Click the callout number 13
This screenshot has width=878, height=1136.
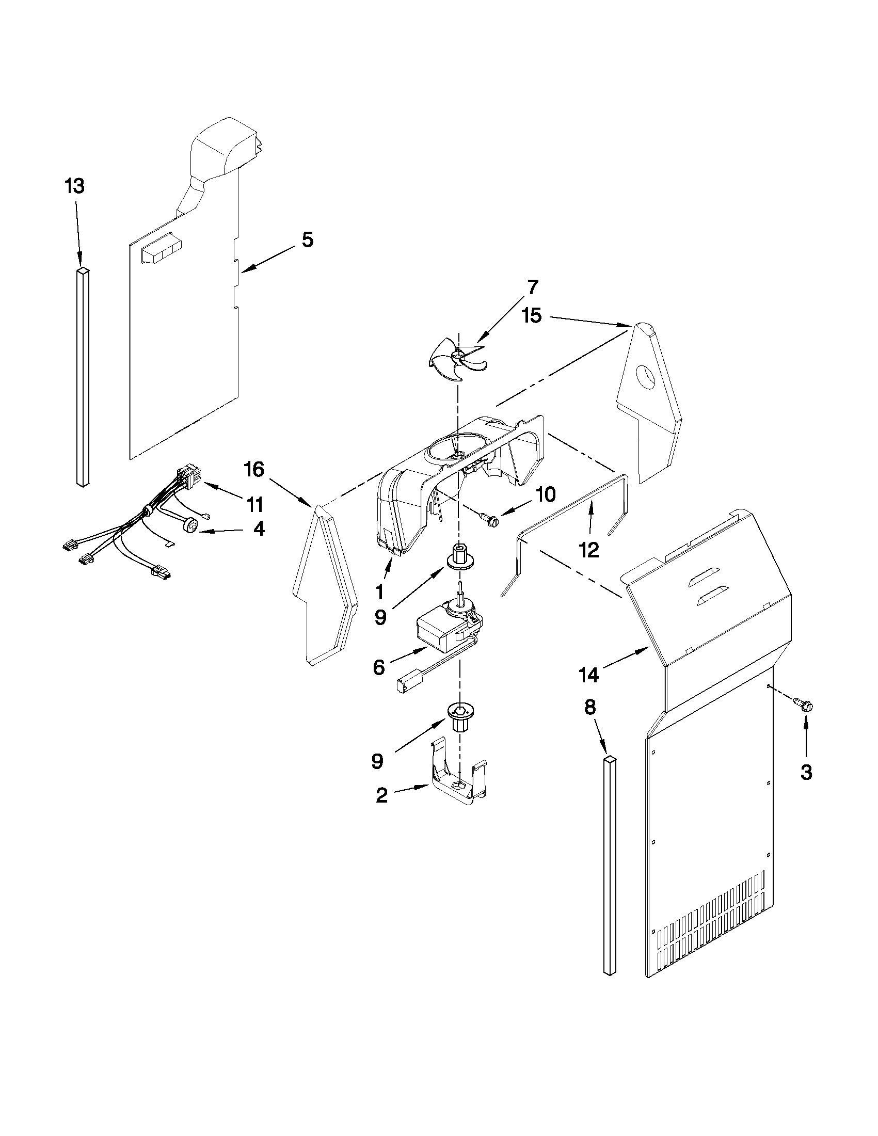click(x=75, y=186)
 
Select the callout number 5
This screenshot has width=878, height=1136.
click(x=308, y=241)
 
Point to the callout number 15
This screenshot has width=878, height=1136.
click(x=532, y=316)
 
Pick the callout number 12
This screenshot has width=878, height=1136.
click(x=589, y=550)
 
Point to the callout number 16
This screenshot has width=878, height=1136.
click(x=254, y=470)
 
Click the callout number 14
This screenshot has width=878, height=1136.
click(x=589, y=675)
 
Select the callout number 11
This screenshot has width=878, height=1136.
click(x=255, y=504)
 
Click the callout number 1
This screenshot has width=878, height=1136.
click(x=380, y=592)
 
